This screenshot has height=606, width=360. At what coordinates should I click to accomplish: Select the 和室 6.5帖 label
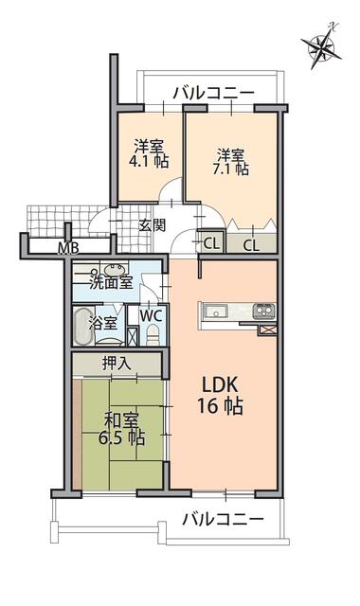(121, 429)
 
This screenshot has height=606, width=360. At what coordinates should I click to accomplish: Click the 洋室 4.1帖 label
(149, 153)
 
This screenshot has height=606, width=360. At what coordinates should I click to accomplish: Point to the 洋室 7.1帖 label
(230, 162)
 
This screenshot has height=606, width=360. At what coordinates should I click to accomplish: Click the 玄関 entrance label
(152, 225)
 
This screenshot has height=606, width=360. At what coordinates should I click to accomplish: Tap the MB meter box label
(68, 248)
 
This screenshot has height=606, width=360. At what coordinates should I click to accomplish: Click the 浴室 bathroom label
(102, 323)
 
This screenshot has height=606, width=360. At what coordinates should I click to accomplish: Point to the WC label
(151, 316)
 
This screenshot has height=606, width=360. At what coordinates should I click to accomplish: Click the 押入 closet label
(116, 364)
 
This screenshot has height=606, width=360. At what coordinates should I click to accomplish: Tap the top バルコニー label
(213, 93)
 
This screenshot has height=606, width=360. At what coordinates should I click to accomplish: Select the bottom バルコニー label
(224, 519)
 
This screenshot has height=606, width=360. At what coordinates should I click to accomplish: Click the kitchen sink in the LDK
(214, 312)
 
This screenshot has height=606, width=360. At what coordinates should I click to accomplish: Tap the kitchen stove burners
(264, 312)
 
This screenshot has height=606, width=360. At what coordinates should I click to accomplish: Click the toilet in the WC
(153, 335)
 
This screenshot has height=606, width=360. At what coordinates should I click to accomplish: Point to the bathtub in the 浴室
(82, 327)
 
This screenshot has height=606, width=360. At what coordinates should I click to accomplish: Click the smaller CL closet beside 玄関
(211, 242)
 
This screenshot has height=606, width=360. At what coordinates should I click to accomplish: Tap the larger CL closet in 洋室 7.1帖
(251, 243)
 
